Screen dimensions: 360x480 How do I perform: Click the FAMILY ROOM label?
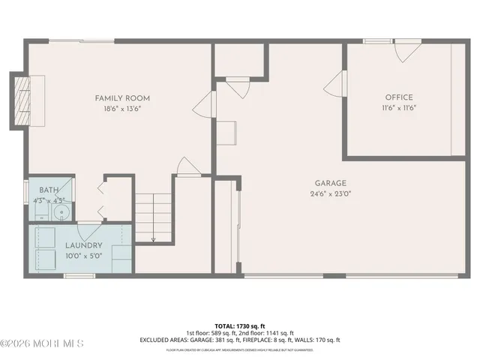click(122, 98)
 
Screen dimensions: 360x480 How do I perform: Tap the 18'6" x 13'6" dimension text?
click(122, 109)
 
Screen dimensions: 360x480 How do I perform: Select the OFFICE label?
click(399, 97)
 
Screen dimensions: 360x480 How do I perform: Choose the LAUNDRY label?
click(83, 245)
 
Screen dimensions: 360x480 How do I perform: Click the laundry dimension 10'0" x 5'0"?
click(83, 255)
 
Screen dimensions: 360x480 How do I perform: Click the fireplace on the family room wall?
click(20, 100)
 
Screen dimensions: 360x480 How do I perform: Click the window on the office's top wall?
click(373, 42)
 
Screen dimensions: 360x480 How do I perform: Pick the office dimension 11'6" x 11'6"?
click(399, 108)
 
